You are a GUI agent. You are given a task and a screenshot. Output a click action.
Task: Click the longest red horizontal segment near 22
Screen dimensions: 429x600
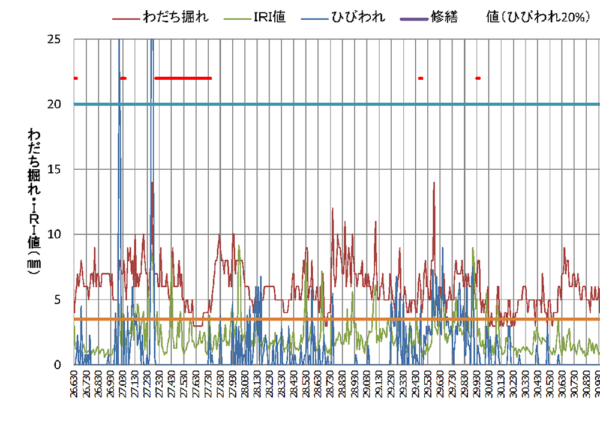183,78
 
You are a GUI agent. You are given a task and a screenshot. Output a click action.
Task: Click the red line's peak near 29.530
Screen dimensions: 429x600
433,182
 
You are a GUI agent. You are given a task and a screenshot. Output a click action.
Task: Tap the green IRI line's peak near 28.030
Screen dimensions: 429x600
239,245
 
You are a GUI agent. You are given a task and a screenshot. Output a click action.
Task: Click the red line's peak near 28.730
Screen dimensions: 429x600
332,208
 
